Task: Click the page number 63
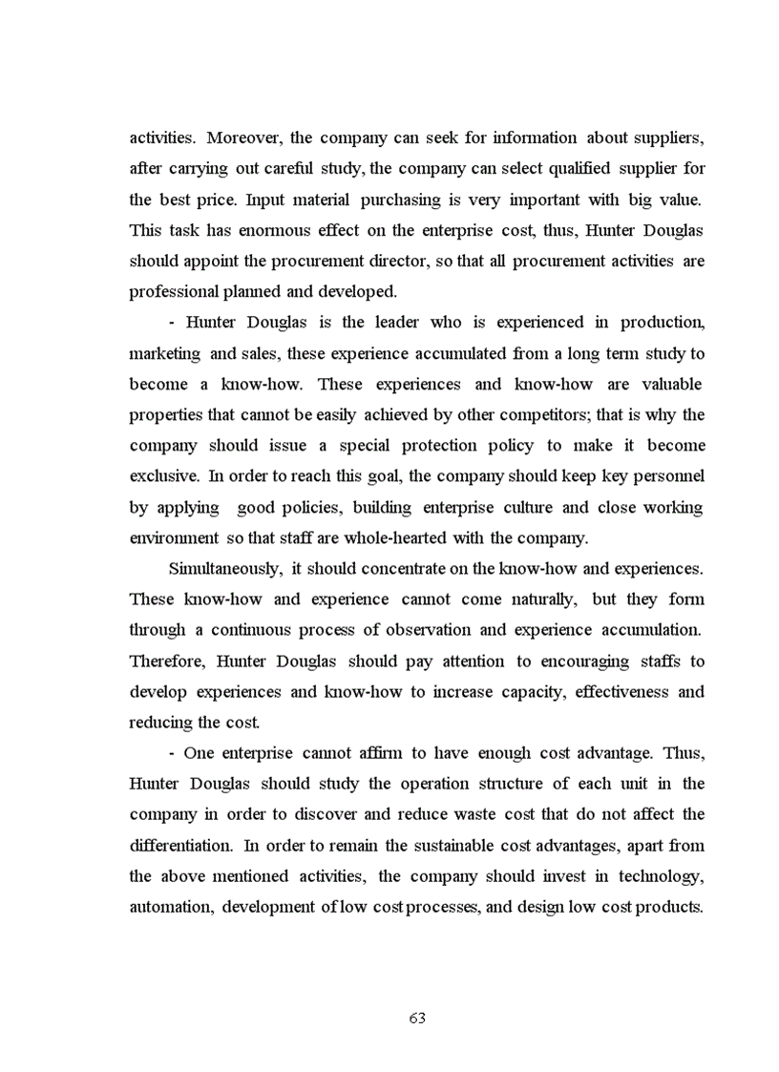[x=417, y=1018]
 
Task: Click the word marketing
[x=164, y=353]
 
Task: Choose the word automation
[x=169, y=906]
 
